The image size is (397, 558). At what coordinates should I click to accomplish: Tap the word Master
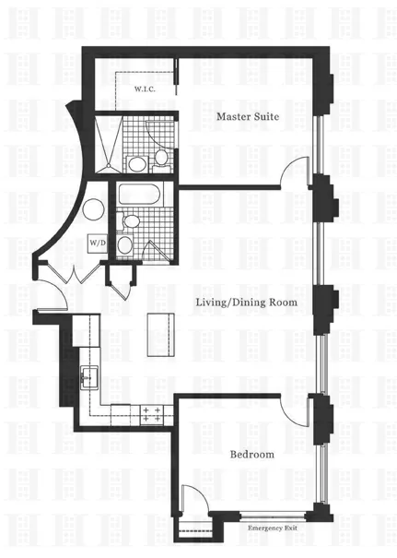tap(234, 117)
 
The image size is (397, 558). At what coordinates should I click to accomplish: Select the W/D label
tap(97, 243)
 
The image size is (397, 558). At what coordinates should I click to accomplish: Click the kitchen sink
tap(88, 376)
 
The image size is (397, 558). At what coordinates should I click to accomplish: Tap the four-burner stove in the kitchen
tap(152, 414)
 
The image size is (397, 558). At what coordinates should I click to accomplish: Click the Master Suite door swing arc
tap(294, 172)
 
